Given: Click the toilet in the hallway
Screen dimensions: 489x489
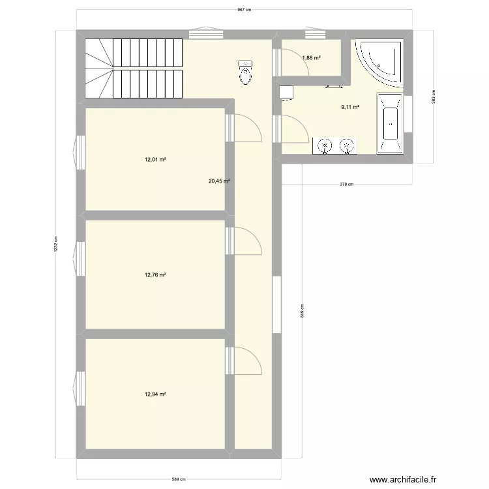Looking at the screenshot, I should click(245, 72).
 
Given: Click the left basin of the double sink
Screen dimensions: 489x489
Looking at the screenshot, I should click(324, 145).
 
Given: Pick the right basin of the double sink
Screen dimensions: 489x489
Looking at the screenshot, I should click(348, 145).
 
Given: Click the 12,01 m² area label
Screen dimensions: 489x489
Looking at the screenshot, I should click(156, 158).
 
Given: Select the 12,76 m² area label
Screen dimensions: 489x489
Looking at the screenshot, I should click(156, 275).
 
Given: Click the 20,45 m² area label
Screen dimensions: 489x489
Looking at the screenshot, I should click(219, 182).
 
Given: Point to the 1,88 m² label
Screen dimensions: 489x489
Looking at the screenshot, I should click(310, 58).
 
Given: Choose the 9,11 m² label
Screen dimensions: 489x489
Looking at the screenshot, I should click(350, 108).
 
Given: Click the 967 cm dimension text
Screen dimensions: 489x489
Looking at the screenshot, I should click(244, 10).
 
